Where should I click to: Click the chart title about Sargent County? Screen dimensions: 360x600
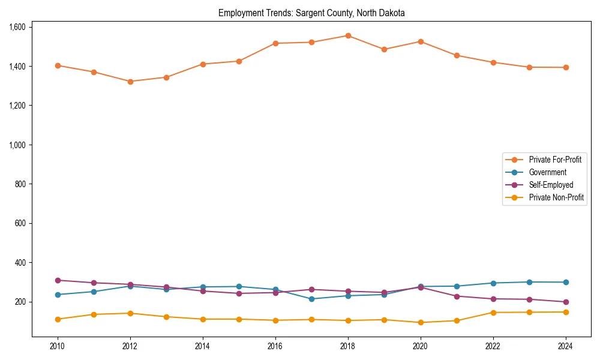311,13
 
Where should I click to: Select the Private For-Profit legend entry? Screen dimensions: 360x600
555,160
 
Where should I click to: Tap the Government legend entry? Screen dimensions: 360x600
547,172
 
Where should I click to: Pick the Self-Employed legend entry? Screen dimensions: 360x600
551,185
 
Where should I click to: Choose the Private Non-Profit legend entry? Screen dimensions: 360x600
556,197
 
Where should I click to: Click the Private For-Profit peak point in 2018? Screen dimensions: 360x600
348,35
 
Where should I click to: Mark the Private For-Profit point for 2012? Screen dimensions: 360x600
130,82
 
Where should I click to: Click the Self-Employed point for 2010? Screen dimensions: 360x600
58,280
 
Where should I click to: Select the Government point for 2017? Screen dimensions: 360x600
311,299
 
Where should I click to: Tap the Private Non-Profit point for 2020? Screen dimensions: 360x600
421,322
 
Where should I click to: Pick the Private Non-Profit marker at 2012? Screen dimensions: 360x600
130,313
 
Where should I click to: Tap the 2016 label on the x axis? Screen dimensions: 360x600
275,346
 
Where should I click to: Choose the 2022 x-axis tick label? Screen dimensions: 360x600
493,346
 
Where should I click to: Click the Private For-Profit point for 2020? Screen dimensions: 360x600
421,41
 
